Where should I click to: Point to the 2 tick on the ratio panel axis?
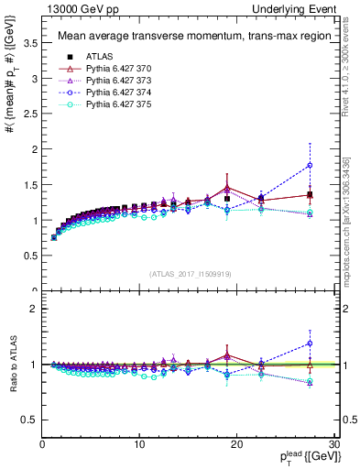click(33, 309)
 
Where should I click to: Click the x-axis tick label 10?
click(139, 444)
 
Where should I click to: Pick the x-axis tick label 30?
click(334, 444)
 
